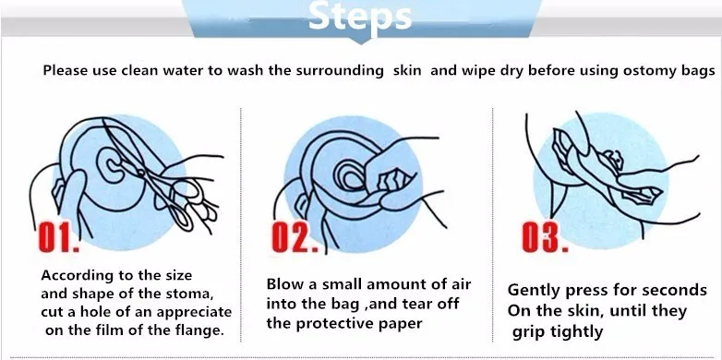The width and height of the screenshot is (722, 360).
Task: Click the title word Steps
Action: [x=360, y=17]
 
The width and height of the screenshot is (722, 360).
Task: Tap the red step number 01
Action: [x=58, y=236]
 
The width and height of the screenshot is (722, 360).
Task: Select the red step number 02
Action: [x=295, y=236]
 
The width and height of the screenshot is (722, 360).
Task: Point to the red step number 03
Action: [x=545, y=236]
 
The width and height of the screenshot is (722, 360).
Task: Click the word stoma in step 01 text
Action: [x=189, y=294]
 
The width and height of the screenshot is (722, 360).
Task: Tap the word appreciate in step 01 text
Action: [x=194, y=313]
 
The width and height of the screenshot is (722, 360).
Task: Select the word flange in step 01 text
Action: [x=199, y=330]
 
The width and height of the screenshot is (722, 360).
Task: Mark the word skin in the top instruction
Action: [x=407, y=71]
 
